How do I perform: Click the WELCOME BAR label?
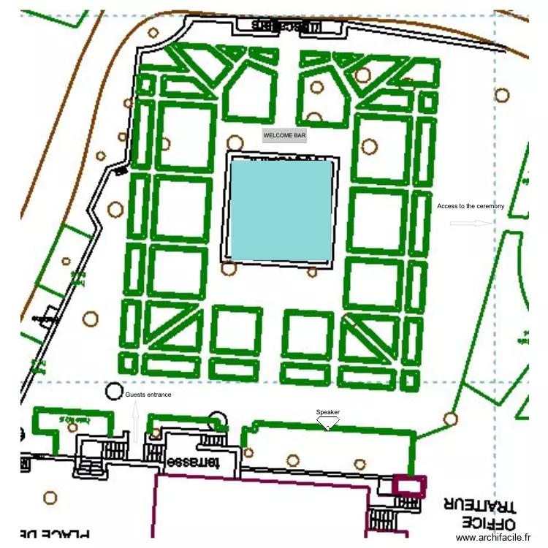click(285, 135)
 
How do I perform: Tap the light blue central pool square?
click(282, 210)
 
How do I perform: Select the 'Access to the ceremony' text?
click(471, 206)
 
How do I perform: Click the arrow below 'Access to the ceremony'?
click(471, 223)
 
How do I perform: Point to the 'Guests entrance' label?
click(148, 395)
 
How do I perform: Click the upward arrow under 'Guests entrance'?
click(136, 422)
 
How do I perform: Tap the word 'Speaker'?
click(328, 412)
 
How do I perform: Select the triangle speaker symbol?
click(328, 422)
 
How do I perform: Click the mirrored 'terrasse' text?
click(192, 463)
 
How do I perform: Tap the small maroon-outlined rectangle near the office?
click(408, 485)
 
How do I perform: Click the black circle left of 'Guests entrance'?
click(114, 391)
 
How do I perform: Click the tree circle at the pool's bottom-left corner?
click(229, 268)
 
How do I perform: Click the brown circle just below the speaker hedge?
click(293, 460)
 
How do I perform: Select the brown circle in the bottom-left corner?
click(50, 498)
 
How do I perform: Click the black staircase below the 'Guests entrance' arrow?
click(117, 447)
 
